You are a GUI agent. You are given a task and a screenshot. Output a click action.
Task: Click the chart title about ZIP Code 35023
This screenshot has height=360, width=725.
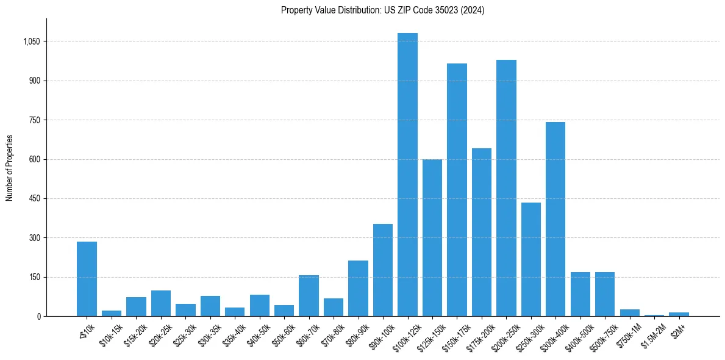[x=382, y=10]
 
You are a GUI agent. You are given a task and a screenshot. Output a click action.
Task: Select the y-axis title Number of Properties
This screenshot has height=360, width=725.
[x=10, y=168]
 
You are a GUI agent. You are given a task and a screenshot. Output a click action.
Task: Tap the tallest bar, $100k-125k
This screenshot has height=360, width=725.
[x=407, y=175]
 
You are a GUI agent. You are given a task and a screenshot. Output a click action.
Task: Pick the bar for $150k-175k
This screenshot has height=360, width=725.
[x=457, y=190]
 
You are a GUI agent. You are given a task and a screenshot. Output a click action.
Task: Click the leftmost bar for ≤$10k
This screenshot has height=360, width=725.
[x=87, y=279]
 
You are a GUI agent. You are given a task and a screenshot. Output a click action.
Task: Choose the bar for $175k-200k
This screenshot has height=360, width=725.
[x=482, y=232]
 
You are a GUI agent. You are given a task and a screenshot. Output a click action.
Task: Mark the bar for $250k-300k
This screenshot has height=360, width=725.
[x=531, y=259]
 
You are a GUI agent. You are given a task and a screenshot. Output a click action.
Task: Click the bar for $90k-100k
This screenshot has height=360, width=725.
[x=383, y=270]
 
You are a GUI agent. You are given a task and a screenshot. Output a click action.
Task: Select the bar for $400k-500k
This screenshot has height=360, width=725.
[x=580, y=294]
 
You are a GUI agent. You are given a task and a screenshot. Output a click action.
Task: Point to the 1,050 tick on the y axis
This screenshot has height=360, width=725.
[x=31, y=41]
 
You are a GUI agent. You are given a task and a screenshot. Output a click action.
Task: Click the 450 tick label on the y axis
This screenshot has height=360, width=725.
[x=34, y=199]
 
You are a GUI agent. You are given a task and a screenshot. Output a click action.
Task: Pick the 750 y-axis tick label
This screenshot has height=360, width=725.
[x=34, y=120]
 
